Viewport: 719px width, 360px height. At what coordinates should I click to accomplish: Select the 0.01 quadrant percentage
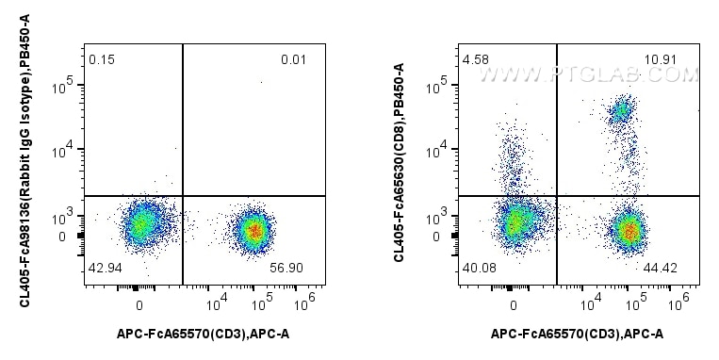click(x=293, y=60)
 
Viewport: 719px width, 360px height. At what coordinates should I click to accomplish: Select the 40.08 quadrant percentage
click(x=478, y=268)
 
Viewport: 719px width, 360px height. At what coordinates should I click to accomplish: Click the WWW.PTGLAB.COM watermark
click(x=585, y=74)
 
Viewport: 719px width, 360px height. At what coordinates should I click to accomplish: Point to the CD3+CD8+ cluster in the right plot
click(x=620, y=111)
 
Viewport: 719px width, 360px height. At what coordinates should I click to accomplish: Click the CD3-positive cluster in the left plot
click(x=252, y=228)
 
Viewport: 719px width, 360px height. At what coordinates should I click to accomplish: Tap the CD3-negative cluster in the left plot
click(x=141, y=224)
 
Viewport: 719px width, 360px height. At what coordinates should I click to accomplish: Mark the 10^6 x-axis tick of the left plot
click(x=304, y=303)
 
